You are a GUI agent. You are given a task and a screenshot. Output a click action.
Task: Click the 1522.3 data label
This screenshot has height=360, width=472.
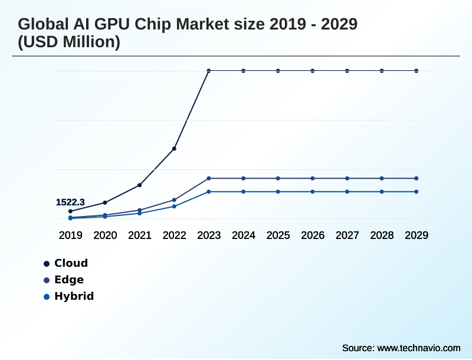click(x=70, y=202)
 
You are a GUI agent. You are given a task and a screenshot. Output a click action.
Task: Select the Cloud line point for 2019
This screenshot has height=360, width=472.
click(x=70, y=211)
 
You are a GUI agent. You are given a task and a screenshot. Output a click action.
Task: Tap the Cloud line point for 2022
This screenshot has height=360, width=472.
click(x=174, y=149)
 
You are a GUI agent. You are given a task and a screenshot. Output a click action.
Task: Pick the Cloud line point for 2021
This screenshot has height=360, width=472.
click(x=140, y=185)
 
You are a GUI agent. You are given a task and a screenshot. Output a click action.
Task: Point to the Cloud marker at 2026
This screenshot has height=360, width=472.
click(x=313, y=71)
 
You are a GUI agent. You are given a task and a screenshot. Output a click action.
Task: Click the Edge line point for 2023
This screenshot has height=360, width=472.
click(x=209, y=178)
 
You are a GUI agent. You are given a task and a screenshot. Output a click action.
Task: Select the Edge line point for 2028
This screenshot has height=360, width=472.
click(x=382, y=178)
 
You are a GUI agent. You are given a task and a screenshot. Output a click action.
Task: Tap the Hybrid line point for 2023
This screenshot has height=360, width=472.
click(x=209, y=192)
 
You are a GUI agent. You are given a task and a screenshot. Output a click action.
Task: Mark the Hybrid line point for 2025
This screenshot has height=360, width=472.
click(x=278, y=192)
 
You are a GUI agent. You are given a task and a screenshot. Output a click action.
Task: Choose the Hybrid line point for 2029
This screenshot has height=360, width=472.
click(x=417, y=192)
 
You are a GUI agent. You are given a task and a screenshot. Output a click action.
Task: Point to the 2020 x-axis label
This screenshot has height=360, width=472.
click(x=105, y=235)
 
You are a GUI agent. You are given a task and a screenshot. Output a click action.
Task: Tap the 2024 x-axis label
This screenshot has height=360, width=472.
click(x=244, y=235)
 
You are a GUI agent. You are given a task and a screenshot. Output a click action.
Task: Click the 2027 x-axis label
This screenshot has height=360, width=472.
click(x=348, y=235)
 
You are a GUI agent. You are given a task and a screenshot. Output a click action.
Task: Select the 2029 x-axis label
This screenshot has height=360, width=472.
click(x=417, y=235)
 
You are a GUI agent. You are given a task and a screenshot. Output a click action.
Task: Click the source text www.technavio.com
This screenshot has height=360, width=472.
click(x=418, y=348)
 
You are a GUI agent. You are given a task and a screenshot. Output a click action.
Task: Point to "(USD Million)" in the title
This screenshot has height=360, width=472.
click(x=69, y=43)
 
